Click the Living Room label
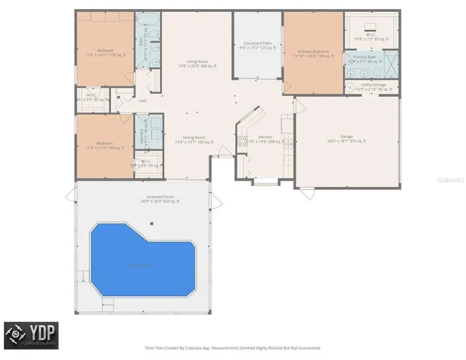[x=197, y=64]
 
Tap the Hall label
[x=143, y=100]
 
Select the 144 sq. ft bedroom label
[x=104, y=145]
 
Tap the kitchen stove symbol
[x=241, y=139]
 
